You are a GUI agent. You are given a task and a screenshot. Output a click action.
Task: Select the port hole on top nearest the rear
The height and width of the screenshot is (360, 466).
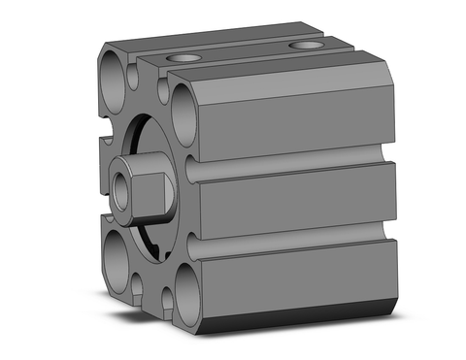[x=307, y=45]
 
